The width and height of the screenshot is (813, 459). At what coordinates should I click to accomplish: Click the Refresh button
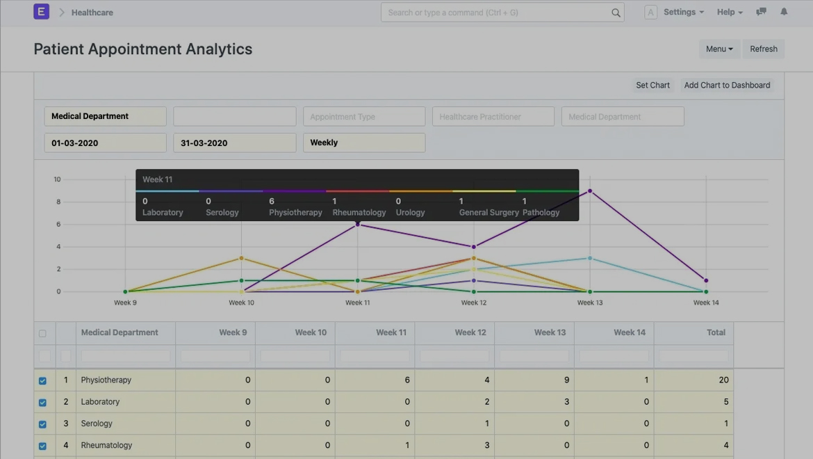point(763,49)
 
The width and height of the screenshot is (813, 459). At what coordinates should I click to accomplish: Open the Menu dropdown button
point(718,49)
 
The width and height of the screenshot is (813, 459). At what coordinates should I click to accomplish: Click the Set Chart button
point(652,85)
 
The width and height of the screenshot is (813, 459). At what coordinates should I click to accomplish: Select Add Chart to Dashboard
point(727,85)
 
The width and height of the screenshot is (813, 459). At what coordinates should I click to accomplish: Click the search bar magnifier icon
point(616,13)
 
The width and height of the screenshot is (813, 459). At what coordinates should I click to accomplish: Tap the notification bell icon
point(784,12)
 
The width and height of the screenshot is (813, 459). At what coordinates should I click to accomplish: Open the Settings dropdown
point(683,12)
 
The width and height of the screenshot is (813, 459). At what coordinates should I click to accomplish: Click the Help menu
point(730,12)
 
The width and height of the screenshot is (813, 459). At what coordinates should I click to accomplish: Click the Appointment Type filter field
point(364,117)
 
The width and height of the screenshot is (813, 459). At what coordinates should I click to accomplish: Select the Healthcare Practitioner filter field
point(493,117)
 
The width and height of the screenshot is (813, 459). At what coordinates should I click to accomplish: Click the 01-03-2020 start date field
point(106,143)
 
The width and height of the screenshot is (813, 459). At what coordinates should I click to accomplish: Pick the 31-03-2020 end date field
point(235,143)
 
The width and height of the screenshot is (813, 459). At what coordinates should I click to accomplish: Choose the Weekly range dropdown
point(364,143)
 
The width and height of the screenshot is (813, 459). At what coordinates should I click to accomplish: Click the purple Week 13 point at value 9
point(590,191)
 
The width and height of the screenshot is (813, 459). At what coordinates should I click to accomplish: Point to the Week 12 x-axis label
point(474,303)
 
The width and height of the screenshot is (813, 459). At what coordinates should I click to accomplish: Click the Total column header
point(716,332)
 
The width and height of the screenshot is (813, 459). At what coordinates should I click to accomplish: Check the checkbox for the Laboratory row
point(42,402)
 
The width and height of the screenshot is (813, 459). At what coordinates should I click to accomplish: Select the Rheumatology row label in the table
point(106,445)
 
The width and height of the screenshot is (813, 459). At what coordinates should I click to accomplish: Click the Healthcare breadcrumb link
point(92,13)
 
